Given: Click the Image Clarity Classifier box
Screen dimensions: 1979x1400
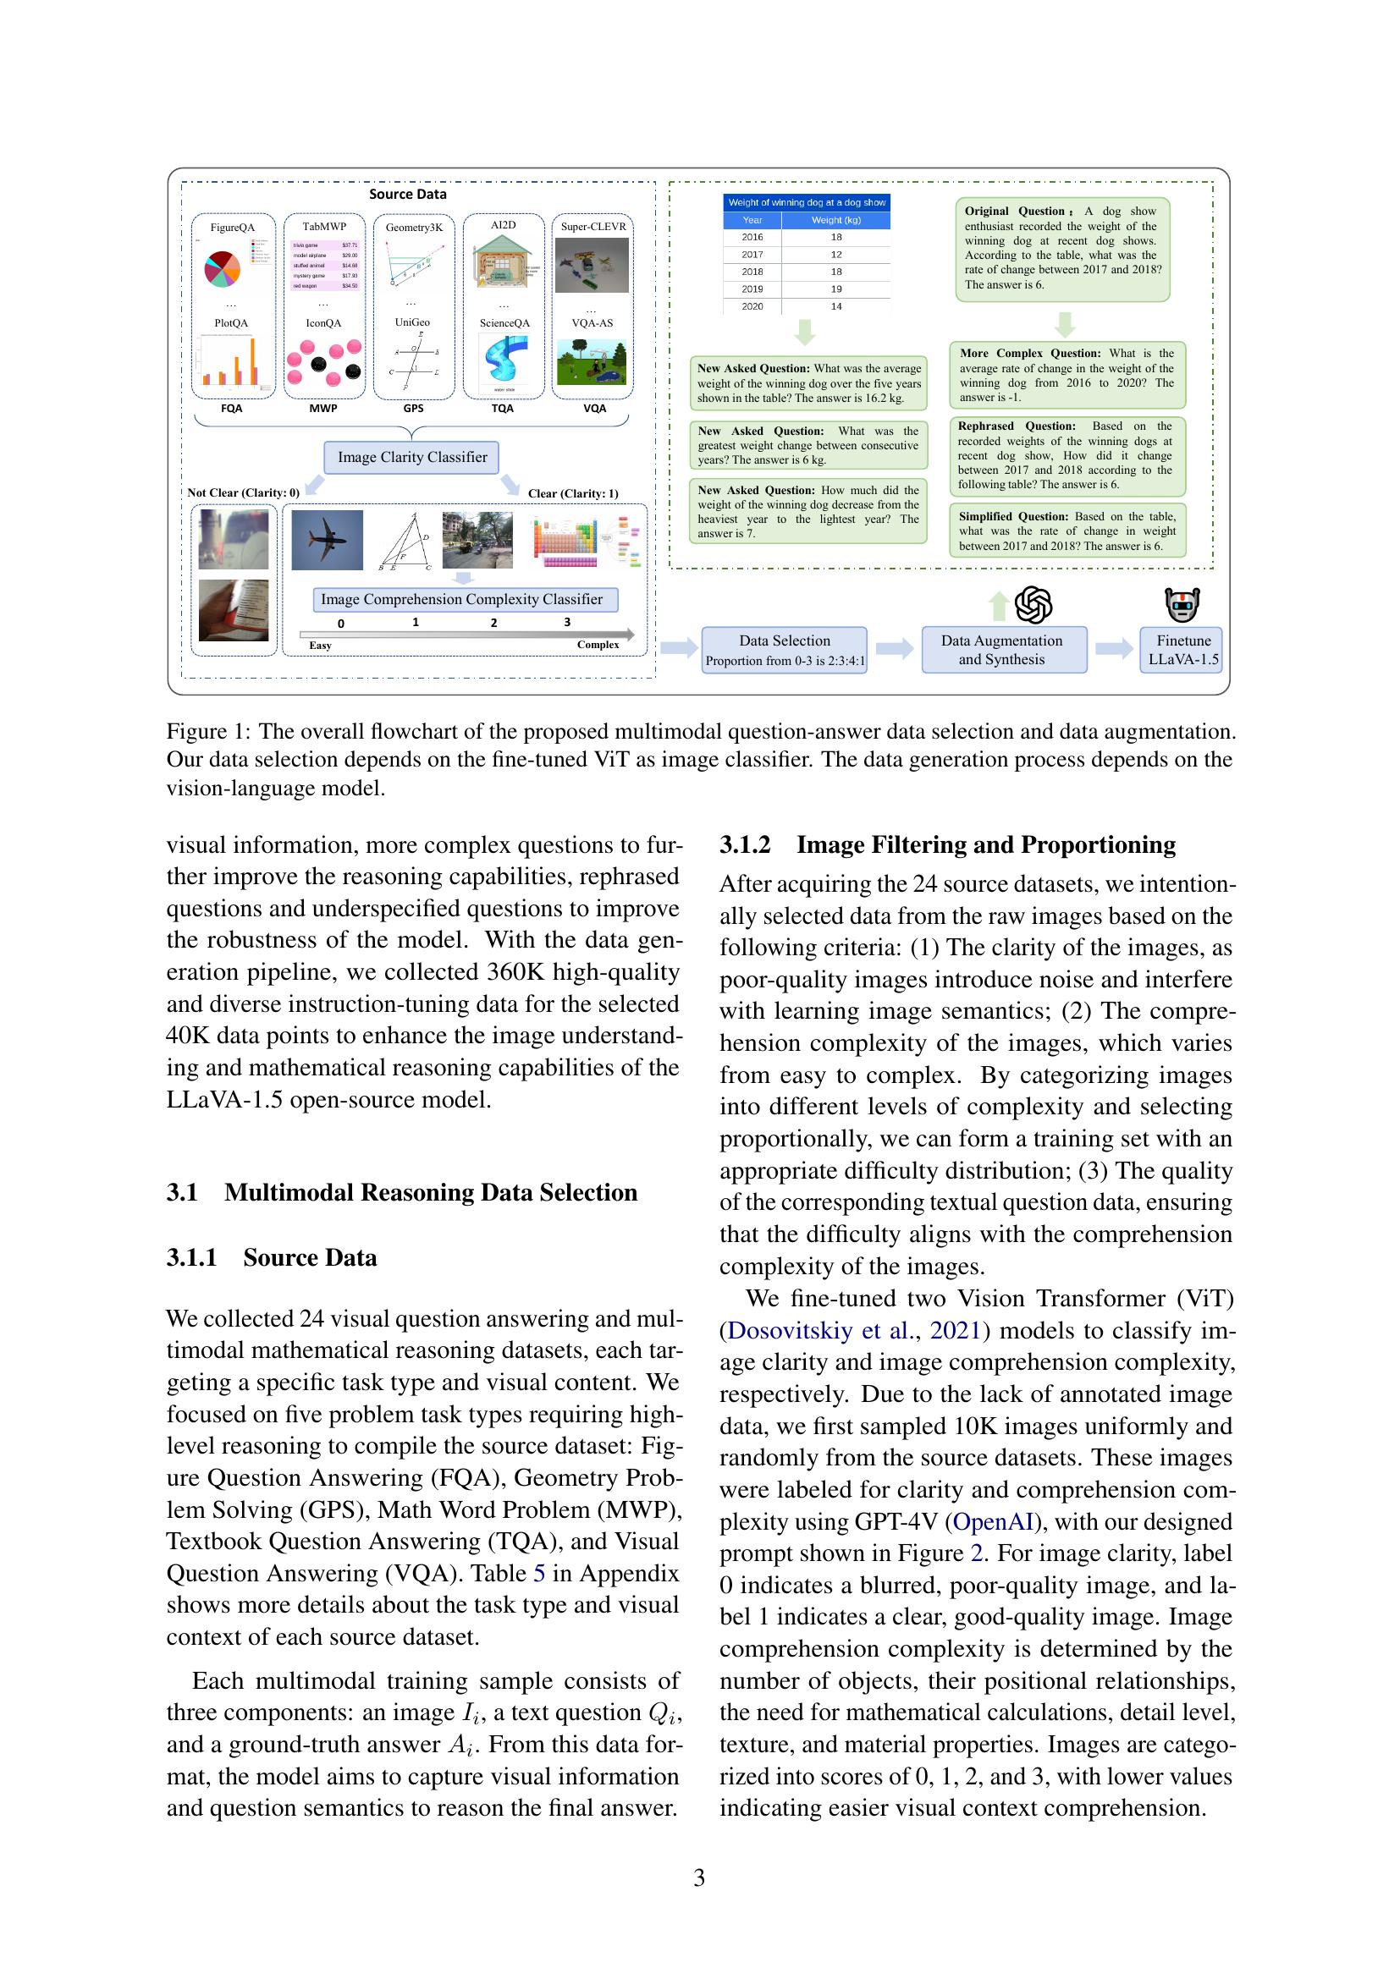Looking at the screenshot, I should click(x=412, y=457).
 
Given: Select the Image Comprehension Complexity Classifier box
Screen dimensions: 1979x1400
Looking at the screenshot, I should click(x=465, y=599).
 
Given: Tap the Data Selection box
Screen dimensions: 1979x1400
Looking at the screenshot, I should click(x=784, y=650).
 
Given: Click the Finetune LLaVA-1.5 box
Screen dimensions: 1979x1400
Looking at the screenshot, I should click(x=1182, y=650).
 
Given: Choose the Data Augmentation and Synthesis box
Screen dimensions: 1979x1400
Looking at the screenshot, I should click(x=1002, y=650).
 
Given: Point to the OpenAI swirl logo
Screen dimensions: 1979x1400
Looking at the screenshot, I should click(x=1033, y=604).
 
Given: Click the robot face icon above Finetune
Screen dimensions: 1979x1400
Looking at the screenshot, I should click(x=1182, y=604).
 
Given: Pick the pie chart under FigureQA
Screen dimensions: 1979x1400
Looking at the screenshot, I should click(x=223, y=269).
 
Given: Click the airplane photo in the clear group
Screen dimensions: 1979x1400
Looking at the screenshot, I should click(x=327, y=540).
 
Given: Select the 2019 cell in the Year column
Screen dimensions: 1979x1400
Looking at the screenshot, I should click(x=752, y=289).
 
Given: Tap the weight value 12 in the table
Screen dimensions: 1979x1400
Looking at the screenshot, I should click(x=835, y=255).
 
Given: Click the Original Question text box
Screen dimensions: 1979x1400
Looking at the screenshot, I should click(x=1062, y=248).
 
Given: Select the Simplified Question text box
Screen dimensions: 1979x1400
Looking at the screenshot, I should click(x=1067, y=531).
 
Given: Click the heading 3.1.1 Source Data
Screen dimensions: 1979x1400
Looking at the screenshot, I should click(x=272, y=1257).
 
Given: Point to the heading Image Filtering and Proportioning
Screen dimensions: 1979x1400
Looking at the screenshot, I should click(x=985, y=844).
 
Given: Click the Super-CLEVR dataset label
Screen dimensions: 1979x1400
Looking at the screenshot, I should click(x=593, y=227).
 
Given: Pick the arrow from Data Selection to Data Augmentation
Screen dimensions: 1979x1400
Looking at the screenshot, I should click(x=894, y=649).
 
